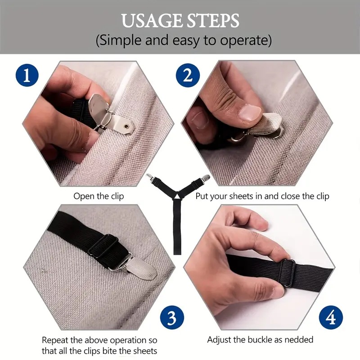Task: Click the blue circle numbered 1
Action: click(x=27, y=75)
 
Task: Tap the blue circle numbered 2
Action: click(x=188, y=75)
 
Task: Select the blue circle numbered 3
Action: click(x=172, y=318)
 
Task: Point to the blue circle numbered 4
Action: click(x=331, y=318)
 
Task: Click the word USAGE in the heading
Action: click(x=152, y=21)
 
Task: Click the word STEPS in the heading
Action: click(x=212, y=21)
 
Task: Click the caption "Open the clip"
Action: click(x=99, y=196)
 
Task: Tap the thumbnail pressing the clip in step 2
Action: click(x=250, y=113)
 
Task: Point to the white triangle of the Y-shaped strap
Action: click(x=177, y=196)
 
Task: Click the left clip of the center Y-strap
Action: click(x=150, y=177)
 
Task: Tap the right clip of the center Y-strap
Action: click(x=205, y=177)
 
